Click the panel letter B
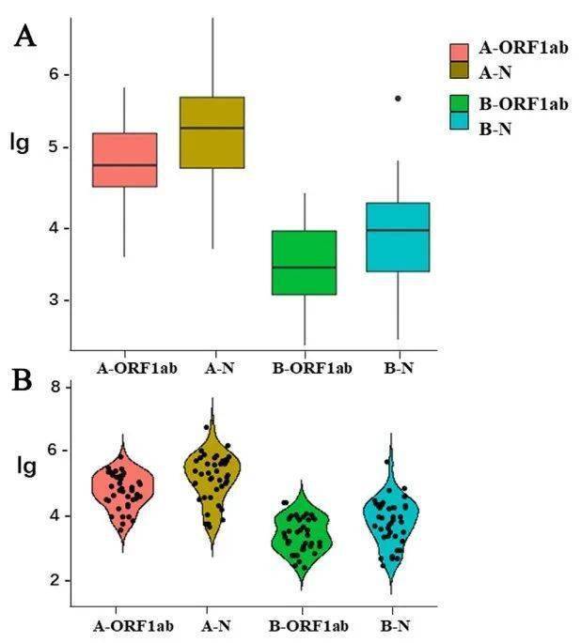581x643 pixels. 24,382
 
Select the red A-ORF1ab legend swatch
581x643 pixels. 459,53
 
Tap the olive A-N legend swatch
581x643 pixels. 459,71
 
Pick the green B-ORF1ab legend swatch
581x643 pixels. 459,103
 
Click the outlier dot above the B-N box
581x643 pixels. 398,98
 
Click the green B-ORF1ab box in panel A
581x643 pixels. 304,263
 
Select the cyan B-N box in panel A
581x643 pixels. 398,237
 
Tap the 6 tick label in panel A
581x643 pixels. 54,74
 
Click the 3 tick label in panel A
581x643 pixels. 54,300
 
